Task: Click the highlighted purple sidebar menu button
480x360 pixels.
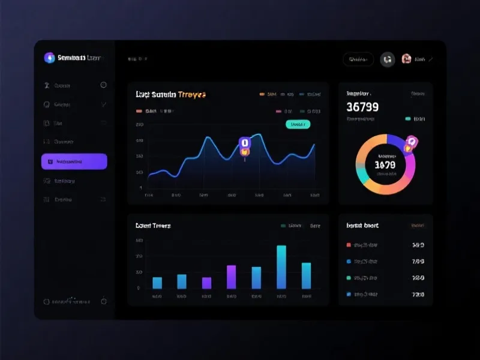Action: coord(74,161)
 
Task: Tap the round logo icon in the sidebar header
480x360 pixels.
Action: coord(49,58)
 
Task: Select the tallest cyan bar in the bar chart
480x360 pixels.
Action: coord(281,267)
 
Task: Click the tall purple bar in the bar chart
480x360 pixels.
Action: coord(231,277)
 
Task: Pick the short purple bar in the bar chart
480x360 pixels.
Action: coord(206,283)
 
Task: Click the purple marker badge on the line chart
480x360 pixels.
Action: coord(244,143)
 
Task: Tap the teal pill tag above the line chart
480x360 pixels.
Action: coord(297,124)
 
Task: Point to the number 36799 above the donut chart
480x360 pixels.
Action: coord(362,107)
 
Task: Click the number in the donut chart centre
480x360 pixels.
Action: coord(385,164)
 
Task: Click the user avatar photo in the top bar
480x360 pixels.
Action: coord(406,59)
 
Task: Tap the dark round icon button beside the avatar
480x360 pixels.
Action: coord(387,59)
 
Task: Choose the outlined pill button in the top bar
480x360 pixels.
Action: coord(358,59)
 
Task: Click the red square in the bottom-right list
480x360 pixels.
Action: coord(349,245)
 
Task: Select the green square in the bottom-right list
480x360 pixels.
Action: coord(349,278)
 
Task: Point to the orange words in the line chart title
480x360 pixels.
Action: coord(192,95)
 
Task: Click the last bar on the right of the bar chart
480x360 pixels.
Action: coord(306,275)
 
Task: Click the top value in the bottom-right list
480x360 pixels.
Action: coord(418,245)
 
